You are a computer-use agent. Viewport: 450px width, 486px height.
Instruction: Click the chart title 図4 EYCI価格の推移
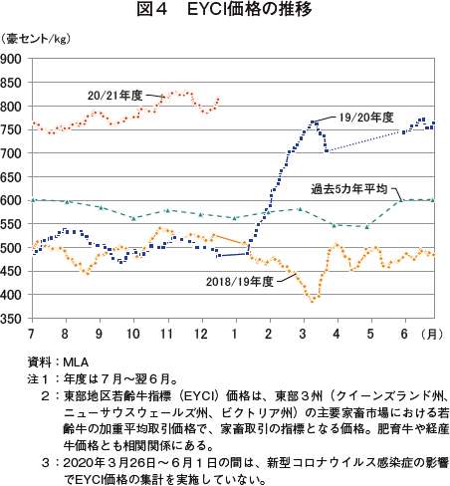point(225,10)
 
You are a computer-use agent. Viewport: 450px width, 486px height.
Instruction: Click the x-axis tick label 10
point(133,334)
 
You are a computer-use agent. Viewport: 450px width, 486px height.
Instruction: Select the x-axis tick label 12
point(201,334)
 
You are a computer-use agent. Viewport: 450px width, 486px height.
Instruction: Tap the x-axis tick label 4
point(337,334)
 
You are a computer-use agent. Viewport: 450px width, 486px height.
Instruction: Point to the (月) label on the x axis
point(432,334)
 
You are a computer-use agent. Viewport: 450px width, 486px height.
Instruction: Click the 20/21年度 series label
point(115,96)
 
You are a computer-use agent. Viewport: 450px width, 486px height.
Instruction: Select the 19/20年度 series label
point(366,118)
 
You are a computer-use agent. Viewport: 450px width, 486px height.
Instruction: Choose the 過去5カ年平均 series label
point(349,189)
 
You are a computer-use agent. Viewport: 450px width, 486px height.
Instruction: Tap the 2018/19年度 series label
point(240,282)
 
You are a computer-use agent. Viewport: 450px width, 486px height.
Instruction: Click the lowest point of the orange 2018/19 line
point(312,301)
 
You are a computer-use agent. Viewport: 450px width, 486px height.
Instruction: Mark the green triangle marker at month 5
point(366,227)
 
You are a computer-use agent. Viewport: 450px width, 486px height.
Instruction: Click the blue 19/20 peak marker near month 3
point(312,122)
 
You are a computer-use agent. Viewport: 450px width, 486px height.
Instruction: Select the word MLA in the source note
point(76,362)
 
